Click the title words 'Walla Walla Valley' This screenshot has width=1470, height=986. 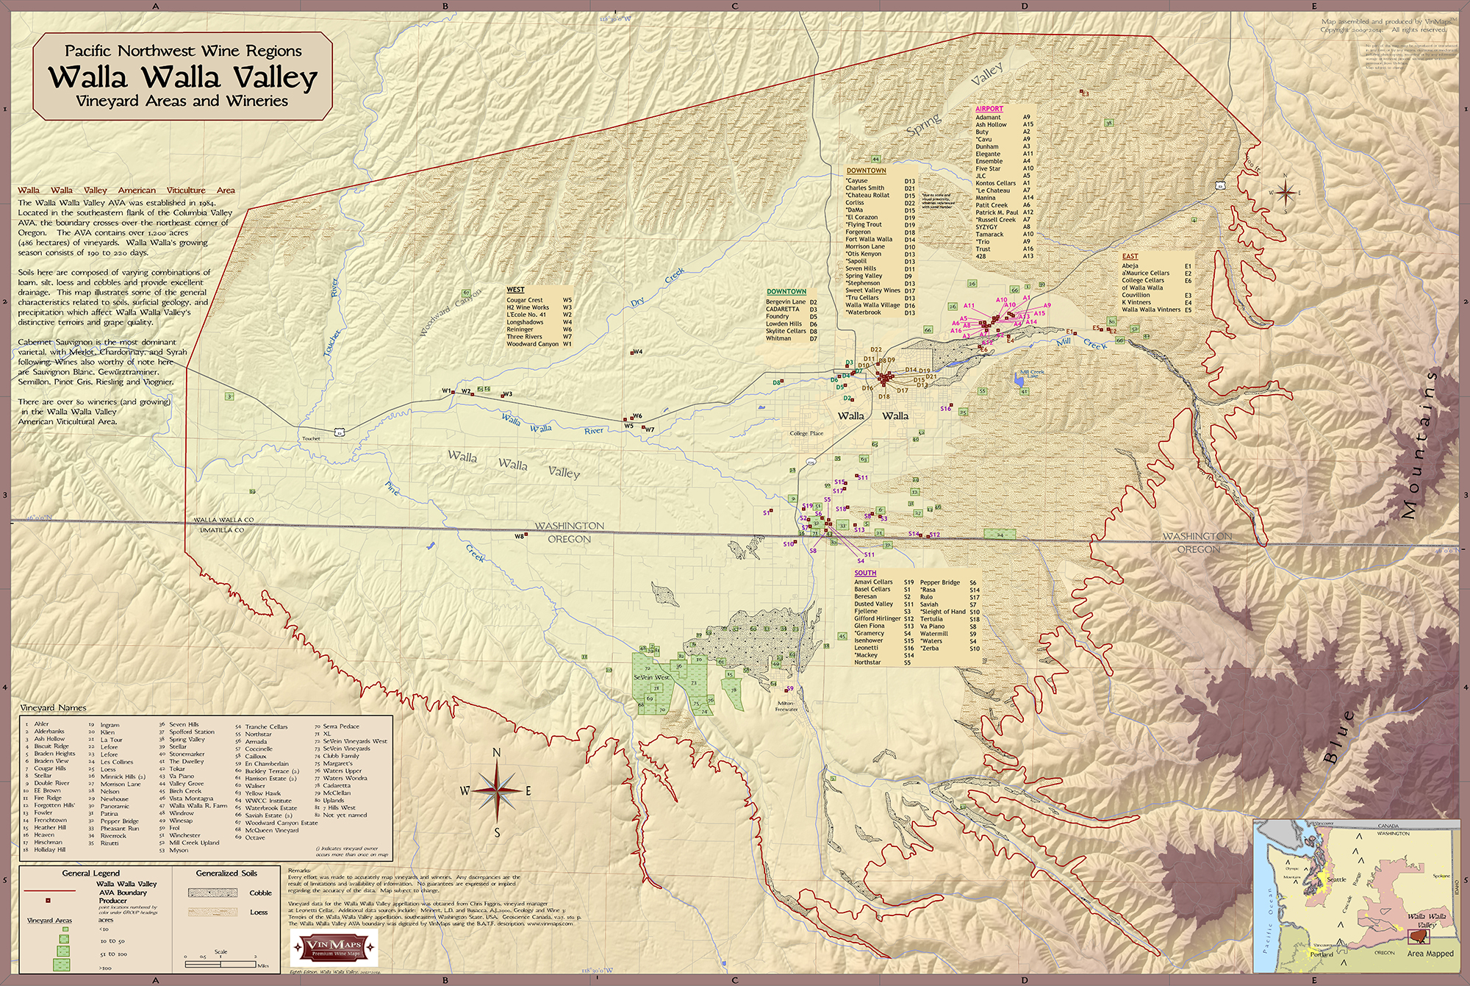tap(182, 77)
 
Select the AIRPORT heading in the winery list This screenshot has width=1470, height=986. tap(989, 109)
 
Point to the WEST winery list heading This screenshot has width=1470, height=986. tap(515, 290)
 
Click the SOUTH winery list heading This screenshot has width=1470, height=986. tap(865, 573)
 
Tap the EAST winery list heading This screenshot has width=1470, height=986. tap(1130, 257)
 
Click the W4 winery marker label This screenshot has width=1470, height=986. tap(637, 351)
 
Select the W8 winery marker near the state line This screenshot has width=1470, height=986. tap(520, 536)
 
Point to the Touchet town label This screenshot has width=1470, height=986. tap(311, 439)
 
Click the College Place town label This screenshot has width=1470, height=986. tap(806, 433)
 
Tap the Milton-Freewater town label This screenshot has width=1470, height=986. tap(786, 707)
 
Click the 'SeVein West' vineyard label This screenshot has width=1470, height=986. tap(651, 677)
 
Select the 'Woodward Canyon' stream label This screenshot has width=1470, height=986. tap(450, 313)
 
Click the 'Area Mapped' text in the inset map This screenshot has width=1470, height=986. tap(1430, 954)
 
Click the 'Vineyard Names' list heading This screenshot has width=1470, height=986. tap(53, 708)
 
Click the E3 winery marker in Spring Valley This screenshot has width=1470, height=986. tap(1085, 94)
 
